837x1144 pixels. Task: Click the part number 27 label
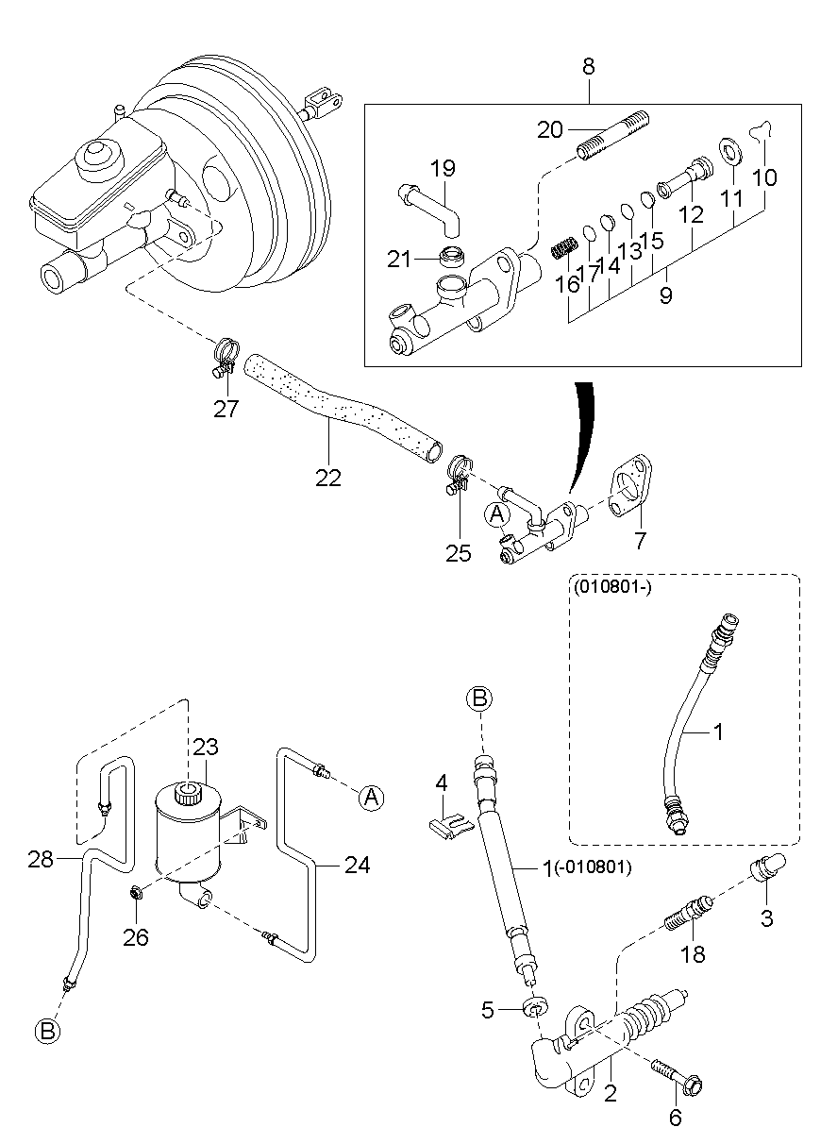coord(226,409)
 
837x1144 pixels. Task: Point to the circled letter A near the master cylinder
coord(497,514)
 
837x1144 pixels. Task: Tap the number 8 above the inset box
coord(589,66)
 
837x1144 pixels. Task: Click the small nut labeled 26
coord(137,892)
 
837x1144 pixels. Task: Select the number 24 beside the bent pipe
coord(357,866)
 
